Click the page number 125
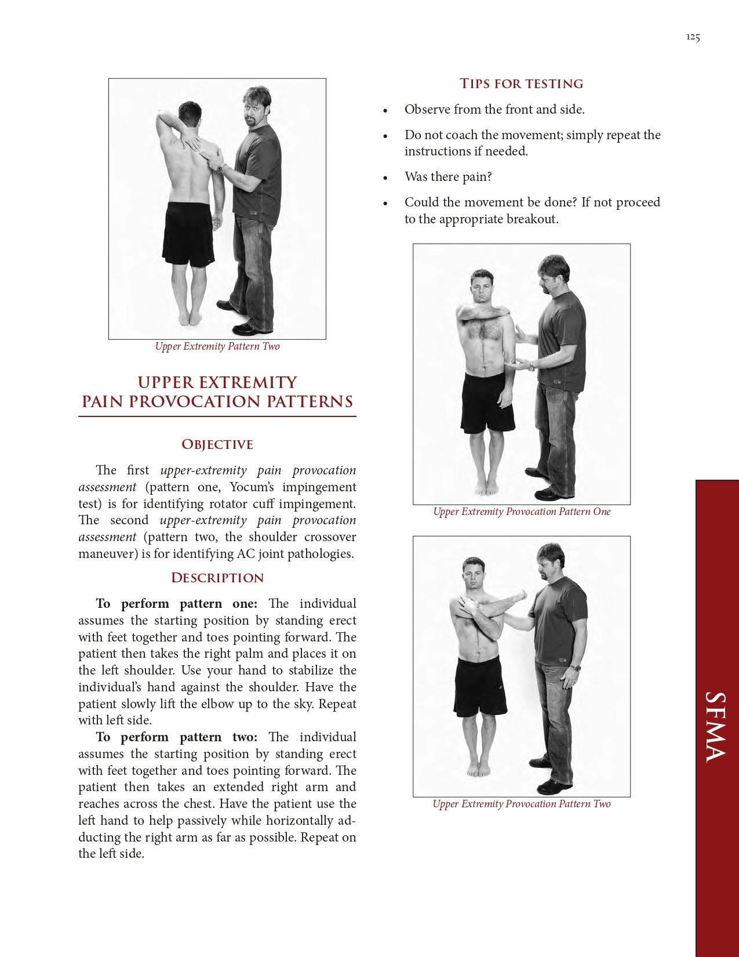(x=693, y=37)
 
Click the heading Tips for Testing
(x=521, y=84)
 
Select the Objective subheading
(x=217, y=444)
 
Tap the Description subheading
(x=217, y=578)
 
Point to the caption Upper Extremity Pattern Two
(x=217, y=346)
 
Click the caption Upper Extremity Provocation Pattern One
(x=522, y=512)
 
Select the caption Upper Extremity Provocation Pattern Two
(x=522, y=804)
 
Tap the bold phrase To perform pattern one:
(x=177, y=604)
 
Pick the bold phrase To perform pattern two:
(x=177, y=737)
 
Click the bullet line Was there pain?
(x=448, y=177)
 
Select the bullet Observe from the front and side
(x=494, y=110)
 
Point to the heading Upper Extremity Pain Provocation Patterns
(x=217, y=392)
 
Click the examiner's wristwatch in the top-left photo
(x=221, y=168)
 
